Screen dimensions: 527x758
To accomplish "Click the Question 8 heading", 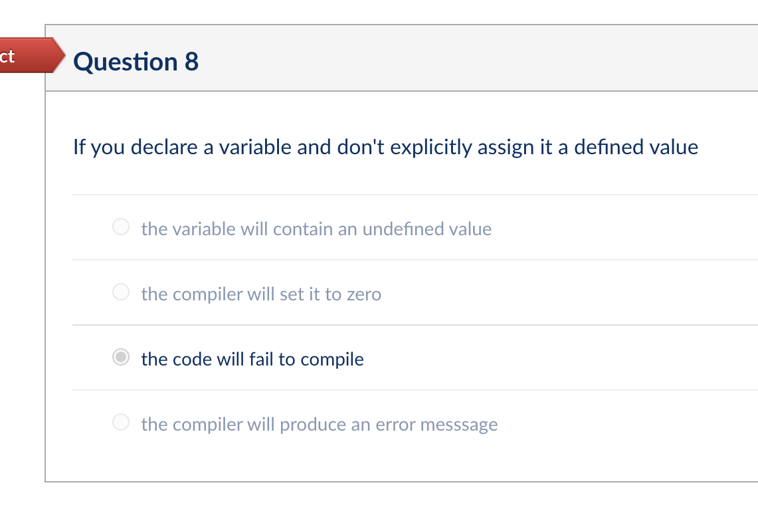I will (136, 62).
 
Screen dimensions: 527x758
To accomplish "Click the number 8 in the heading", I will (191, 62).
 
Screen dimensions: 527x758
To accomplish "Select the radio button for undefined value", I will (120, 228).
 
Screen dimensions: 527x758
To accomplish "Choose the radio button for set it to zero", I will (120, 293).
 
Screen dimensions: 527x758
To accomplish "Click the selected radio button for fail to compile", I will (120, 358).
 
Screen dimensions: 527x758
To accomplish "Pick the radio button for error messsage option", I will (120, 423).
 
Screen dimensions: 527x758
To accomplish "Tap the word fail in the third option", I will (261, 360).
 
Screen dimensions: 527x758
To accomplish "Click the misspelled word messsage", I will (460, 425).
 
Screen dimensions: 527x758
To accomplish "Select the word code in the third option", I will (192, 360).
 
